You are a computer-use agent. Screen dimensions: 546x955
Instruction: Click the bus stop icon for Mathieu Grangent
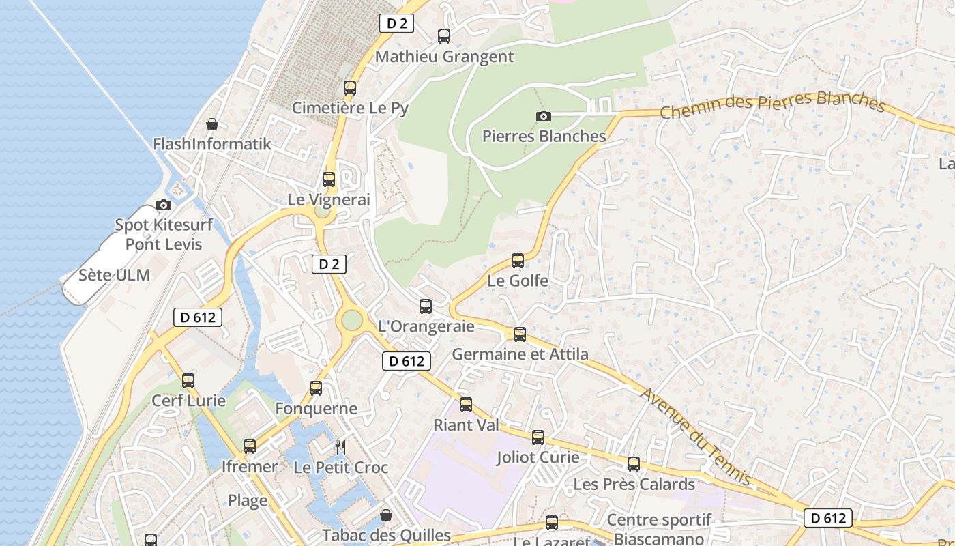click(444, 36)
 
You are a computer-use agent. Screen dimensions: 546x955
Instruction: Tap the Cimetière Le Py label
click(350, 108)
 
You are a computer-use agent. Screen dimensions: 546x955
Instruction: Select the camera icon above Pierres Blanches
click(544, 116)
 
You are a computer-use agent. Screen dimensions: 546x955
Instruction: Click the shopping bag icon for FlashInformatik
click(212, 124)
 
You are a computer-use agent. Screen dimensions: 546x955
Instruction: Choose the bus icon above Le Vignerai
click(329, 179)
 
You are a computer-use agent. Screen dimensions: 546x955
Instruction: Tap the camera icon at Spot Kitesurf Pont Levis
click(164, 205)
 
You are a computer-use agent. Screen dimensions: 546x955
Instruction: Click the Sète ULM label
click(114, 275)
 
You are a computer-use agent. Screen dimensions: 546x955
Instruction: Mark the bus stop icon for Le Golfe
click(518, 261)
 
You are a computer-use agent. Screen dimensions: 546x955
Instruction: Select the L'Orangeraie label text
click(426, 326)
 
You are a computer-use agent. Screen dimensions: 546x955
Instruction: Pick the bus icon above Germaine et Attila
click(520, 334)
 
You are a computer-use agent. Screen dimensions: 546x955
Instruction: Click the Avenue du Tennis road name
click(696, 436)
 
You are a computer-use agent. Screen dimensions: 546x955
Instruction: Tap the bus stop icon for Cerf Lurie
click(188, 381)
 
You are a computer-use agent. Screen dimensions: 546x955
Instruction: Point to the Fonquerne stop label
click(316, 409)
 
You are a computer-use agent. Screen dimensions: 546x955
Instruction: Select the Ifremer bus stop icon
click(250, 446)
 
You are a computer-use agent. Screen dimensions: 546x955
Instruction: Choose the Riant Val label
click(467, 425)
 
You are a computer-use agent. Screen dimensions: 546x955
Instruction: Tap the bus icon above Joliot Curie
click(538, 437)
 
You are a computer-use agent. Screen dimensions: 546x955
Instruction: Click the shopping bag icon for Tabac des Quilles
click(386, 515)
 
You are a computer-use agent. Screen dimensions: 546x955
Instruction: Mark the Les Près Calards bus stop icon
click(634, 464)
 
